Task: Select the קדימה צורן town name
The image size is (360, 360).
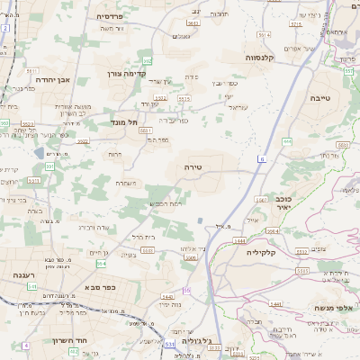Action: coord(126,74)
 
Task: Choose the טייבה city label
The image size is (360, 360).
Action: coord(320,97)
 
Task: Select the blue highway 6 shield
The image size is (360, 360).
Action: coord(261,158)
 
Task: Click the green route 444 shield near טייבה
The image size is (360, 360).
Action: coord(287,141)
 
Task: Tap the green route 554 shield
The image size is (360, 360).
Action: coord(101,264)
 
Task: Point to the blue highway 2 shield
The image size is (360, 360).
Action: coord(4,29)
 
